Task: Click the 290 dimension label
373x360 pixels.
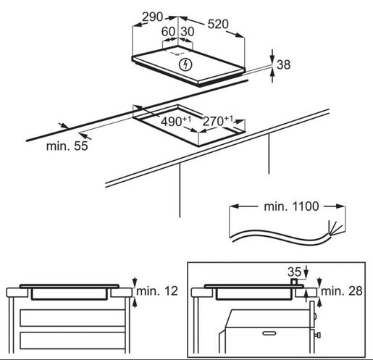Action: click(x=153, y=17)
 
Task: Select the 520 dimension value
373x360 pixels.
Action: click(x=218, y=24)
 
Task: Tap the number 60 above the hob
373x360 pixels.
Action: click(x=168, y=32)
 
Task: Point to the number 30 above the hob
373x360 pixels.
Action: click(x=188, y=32)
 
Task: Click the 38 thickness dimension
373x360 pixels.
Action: click(x=283, y=64)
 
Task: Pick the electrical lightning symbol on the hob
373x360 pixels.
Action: click(x=185, y=65)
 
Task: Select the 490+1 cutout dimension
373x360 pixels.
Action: click(x=176, y=121)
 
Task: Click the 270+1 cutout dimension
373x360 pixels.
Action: click(x=218, y=121)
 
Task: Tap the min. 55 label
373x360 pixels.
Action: click(x=67, y=146)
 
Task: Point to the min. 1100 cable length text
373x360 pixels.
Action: click(x=291, y=206)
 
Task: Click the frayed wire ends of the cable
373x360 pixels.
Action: click(x=335, y=228)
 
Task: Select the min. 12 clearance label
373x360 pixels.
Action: click(x=157, y=291)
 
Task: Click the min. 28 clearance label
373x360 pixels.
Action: click(x=342, y=291)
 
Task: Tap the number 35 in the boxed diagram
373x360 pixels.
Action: click(x=295, y=272)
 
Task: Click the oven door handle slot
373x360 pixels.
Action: click(x=269, y=333)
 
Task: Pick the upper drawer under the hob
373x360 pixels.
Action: click(x=72, y=318)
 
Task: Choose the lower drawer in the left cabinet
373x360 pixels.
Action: click(x=72, y=340)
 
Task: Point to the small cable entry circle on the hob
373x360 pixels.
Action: click(x=177, y=54)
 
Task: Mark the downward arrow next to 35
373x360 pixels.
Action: click(x=306, y=271)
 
